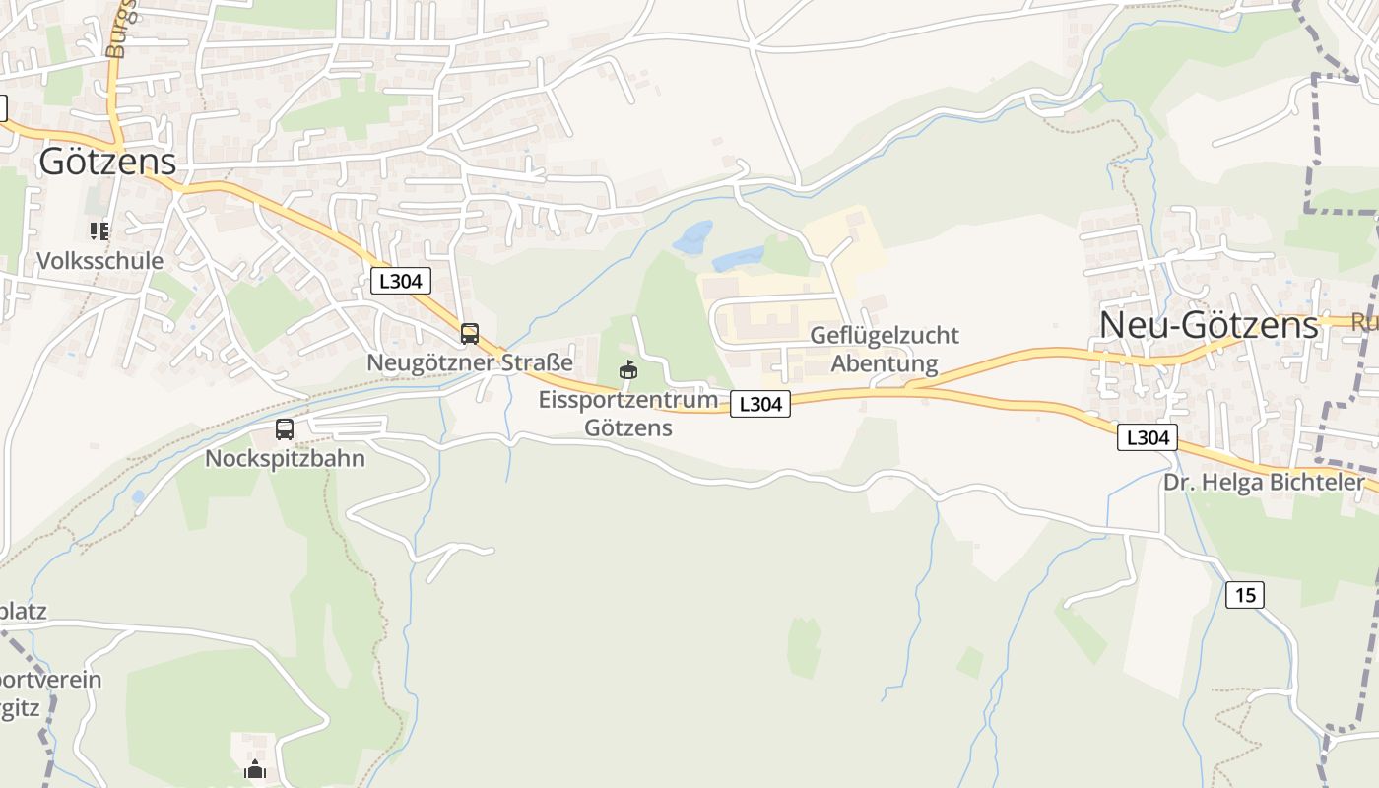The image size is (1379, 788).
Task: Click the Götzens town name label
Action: coord(107,163)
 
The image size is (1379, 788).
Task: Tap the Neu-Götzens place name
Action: coord(1208,325)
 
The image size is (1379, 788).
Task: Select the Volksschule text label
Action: coord(99,261)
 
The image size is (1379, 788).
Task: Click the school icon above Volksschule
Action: coord(99,231)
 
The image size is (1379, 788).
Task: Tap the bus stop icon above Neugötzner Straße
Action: coord(470,334)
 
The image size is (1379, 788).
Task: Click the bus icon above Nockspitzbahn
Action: coord(285,429)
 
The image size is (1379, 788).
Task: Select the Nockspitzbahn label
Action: coord(285,458)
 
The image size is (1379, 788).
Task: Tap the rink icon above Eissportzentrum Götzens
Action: coord(627,370)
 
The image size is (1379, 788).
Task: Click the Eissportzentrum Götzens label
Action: coord(627,414)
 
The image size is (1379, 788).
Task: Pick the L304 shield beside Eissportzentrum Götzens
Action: coord(759,404)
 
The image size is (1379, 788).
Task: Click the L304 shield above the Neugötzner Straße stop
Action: coord(401,281)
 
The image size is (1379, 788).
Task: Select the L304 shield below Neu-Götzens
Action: coord(1148,437)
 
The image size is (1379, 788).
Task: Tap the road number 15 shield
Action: coord(1245,595)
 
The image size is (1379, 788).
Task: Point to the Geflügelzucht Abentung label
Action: coord(884,350)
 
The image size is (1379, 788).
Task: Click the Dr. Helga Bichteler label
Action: coord(1264,483)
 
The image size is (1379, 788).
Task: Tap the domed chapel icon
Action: coord(255,769)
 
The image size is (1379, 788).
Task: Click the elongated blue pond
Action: coord(738,259)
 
